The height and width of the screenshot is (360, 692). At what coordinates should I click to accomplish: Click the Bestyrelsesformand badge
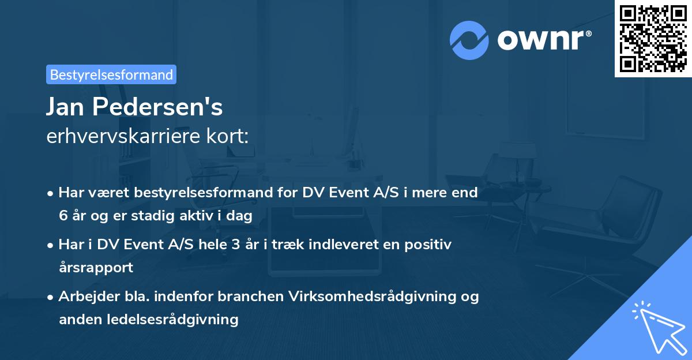[111, 74]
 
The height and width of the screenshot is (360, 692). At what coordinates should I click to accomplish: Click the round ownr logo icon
[469, 40]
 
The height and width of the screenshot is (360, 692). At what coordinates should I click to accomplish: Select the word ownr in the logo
[543, 40]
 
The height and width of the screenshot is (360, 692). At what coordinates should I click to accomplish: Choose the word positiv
[430, 244]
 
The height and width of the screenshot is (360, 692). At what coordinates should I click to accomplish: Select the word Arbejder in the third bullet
[85, 297]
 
